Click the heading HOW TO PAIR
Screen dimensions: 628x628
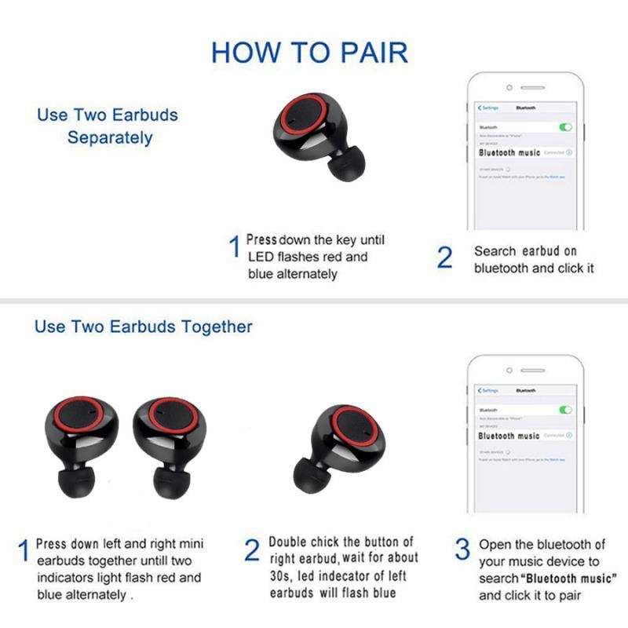(310, 53)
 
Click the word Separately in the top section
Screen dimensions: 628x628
(110, 137)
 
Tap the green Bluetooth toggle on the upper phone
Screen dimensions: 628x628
(566, 126)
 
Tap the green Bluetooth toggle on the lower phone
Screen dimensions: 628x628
(565, 410)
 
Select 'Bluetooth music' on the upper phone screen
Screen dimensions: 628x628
(509, 152)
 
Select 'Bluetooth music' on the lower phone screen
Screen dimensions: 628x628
(509, 436)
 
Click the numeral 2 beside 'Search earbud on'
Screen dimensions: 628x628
(444, 258)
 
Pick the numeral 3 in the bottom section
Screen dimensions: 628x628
(463, 548)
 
